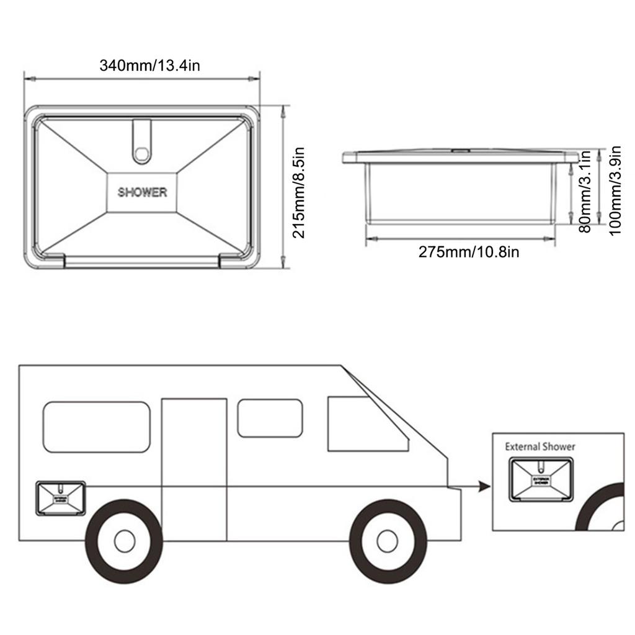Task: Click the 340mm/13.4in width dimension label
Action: coord(149,65)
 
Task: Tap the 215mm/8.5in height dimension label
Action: coord(299,192)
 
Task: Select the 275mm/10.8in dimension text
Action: coord(469,252)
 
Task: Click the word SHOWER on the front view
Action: coord(143,192)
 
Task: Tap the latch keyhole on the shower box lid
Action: coord(143,152)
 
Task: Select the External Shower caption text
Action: coord(540,446)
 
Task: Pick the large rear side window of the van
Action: coord(97,427)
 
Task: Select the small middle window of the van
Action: coord(270,417)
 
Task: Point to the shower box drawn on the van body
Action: coord(60,498)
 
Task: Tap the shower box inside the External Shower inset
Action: coord(541,480)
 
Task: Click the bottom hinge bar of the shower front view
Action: coord(143,262)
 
